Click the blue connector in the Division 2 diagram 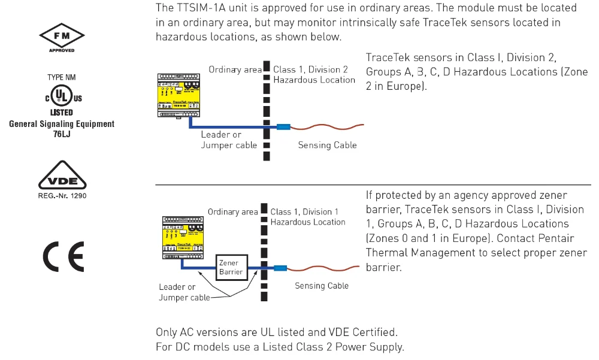pyautogui.click(x=283, y=126)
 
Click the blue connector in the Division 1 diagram pyautogui.click(x=280, y=268)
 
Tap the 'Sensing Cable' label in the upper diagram pyautogui.click(x=328, y=145)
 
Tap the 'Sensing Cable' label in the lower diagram pyautogui.click(x=322, y=286)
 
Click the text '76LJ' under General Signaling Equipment pyautogui.click(x=62, y=134)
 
